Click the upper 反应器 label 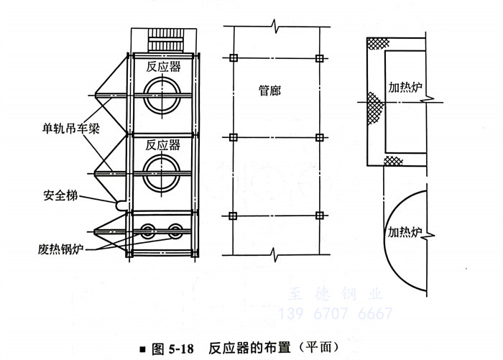162,67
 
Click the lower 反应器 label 162,143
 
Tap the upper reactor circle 162,96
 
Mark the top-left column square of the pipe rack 231,57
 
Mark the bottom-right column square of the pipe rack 320,216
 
